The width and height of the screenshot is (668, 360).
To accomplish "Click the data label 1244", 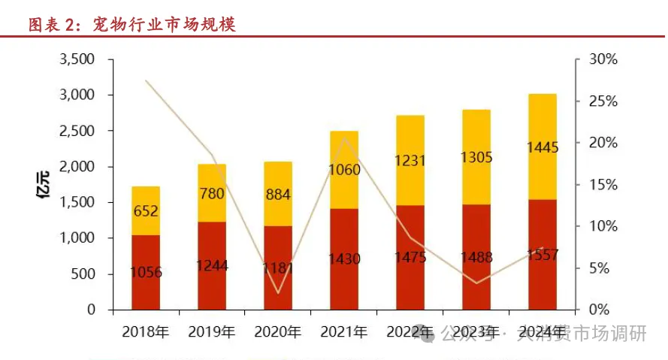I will coord(212,265).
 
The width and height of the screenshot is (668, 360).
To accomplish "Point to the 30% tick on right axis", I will coord(602,59).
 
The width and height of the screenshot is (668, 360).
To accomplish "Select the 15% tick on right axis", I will coord(602,185).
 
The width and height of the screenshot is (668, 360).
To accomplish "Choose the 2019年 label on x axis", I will coord(212,331).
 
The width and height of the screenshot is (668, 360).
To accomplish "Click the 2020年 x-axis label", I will coord(278,331).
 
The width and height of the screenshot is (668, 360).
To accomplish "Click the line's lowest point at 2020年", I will coord(278,293).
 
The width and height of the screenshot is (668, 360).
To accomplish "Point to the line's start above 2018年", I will coord(146,80).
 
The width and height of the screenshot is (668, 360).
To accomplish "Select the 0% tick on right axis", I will coord(598,310).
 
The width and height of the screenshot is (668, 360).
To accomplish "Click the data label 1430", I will coord(344,259).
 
